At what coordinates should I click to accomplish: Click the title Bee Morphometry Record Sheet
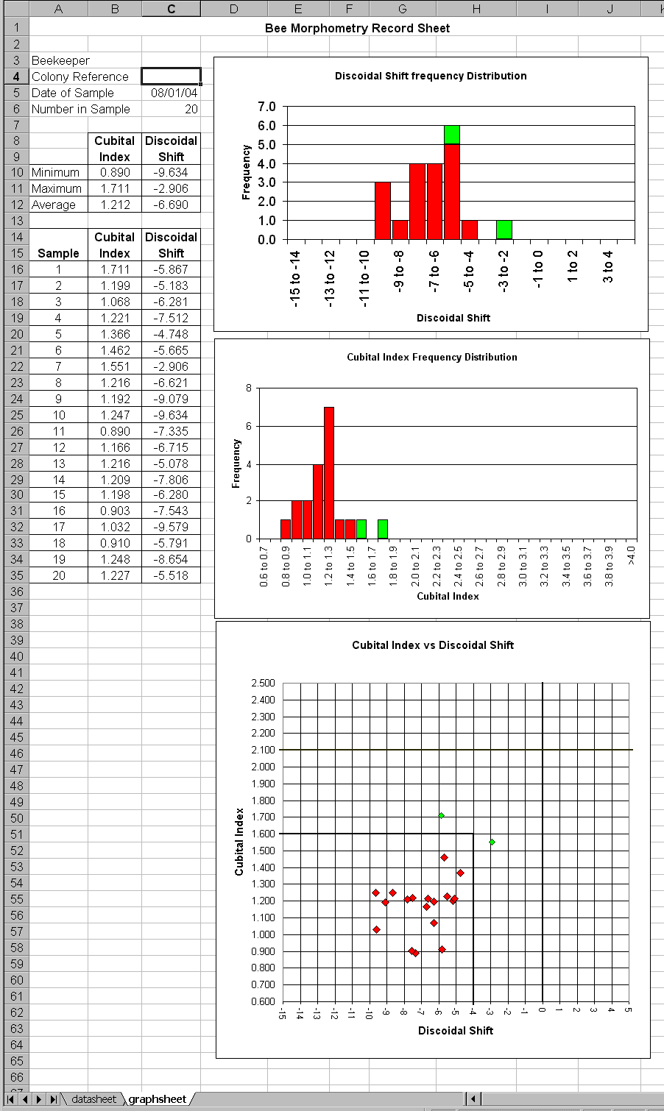357,28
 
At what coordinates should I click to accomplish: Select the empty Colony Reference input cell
171,77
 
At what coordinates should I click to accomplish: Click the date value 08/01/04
174,93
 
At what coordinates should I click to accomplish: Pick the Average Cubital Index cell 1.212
115,205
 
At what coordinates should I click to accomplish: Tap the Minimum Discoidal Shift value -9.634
171,172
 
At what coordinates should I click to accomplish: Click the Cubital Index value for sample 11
115,431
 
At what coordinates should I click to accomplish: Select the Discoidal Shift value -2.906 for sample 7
171,366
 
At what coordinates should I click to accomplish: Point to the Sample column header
58,253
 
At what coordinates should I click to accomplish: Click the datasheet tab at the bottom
94,1098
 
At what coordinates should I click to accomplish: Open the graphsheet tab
157,1098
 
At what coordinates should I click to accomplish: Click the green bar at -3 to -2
504,230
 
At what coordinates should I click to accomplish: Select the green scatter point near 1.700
441,815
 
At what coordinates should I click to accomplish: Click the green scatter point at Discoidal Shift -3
492,842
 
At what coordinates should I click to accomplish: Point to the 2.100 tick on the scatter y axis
263,750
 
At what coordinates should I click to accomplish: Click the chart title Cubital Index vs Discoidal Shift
433,645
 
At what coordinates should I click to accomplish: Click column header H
476,8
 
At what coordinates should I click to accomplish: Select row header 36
17,592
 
